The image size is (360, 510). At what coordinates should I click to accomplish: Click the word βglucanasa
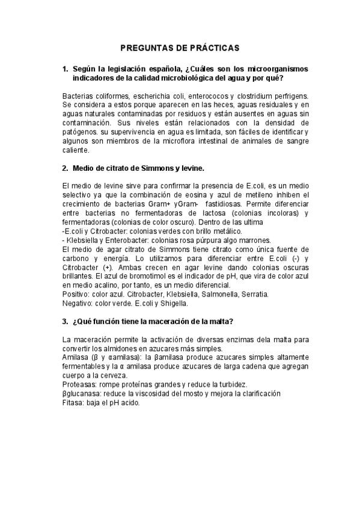(81, 393)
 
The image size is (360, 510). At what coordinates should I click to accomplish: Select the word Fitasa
(73, 402)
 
